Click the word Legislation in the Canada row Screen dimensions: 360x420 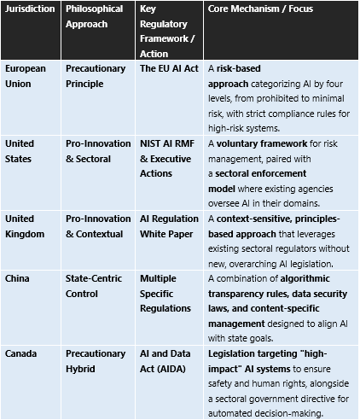click(236, 353)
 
